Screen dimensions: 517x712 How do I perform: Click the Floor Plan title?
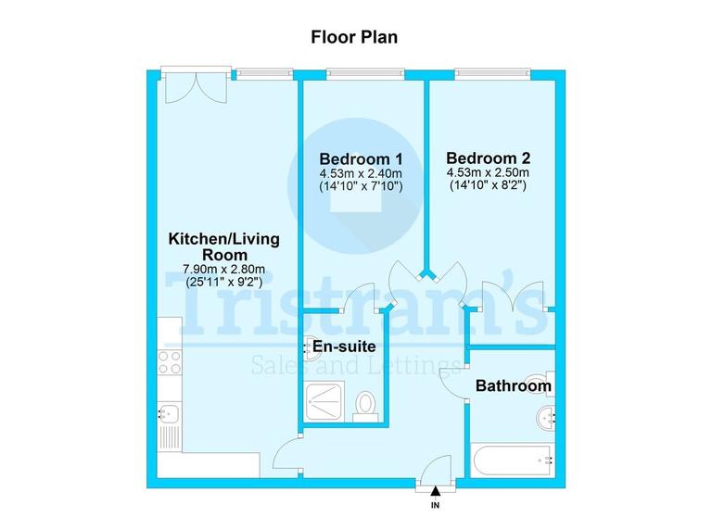click(356, 38)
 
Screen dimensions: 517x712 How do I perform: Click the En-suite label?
click(343, 347)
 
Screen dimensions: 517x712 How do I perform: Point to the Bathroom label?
click(514, 385)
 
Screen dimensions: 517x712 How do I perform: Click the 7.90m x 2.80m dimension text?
click(222, 271)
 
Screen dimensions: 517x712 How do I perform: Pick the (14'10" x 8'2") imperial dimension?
click(487, 185)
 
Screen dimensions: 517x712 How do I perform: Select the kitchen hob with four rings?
click(169, 361)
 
